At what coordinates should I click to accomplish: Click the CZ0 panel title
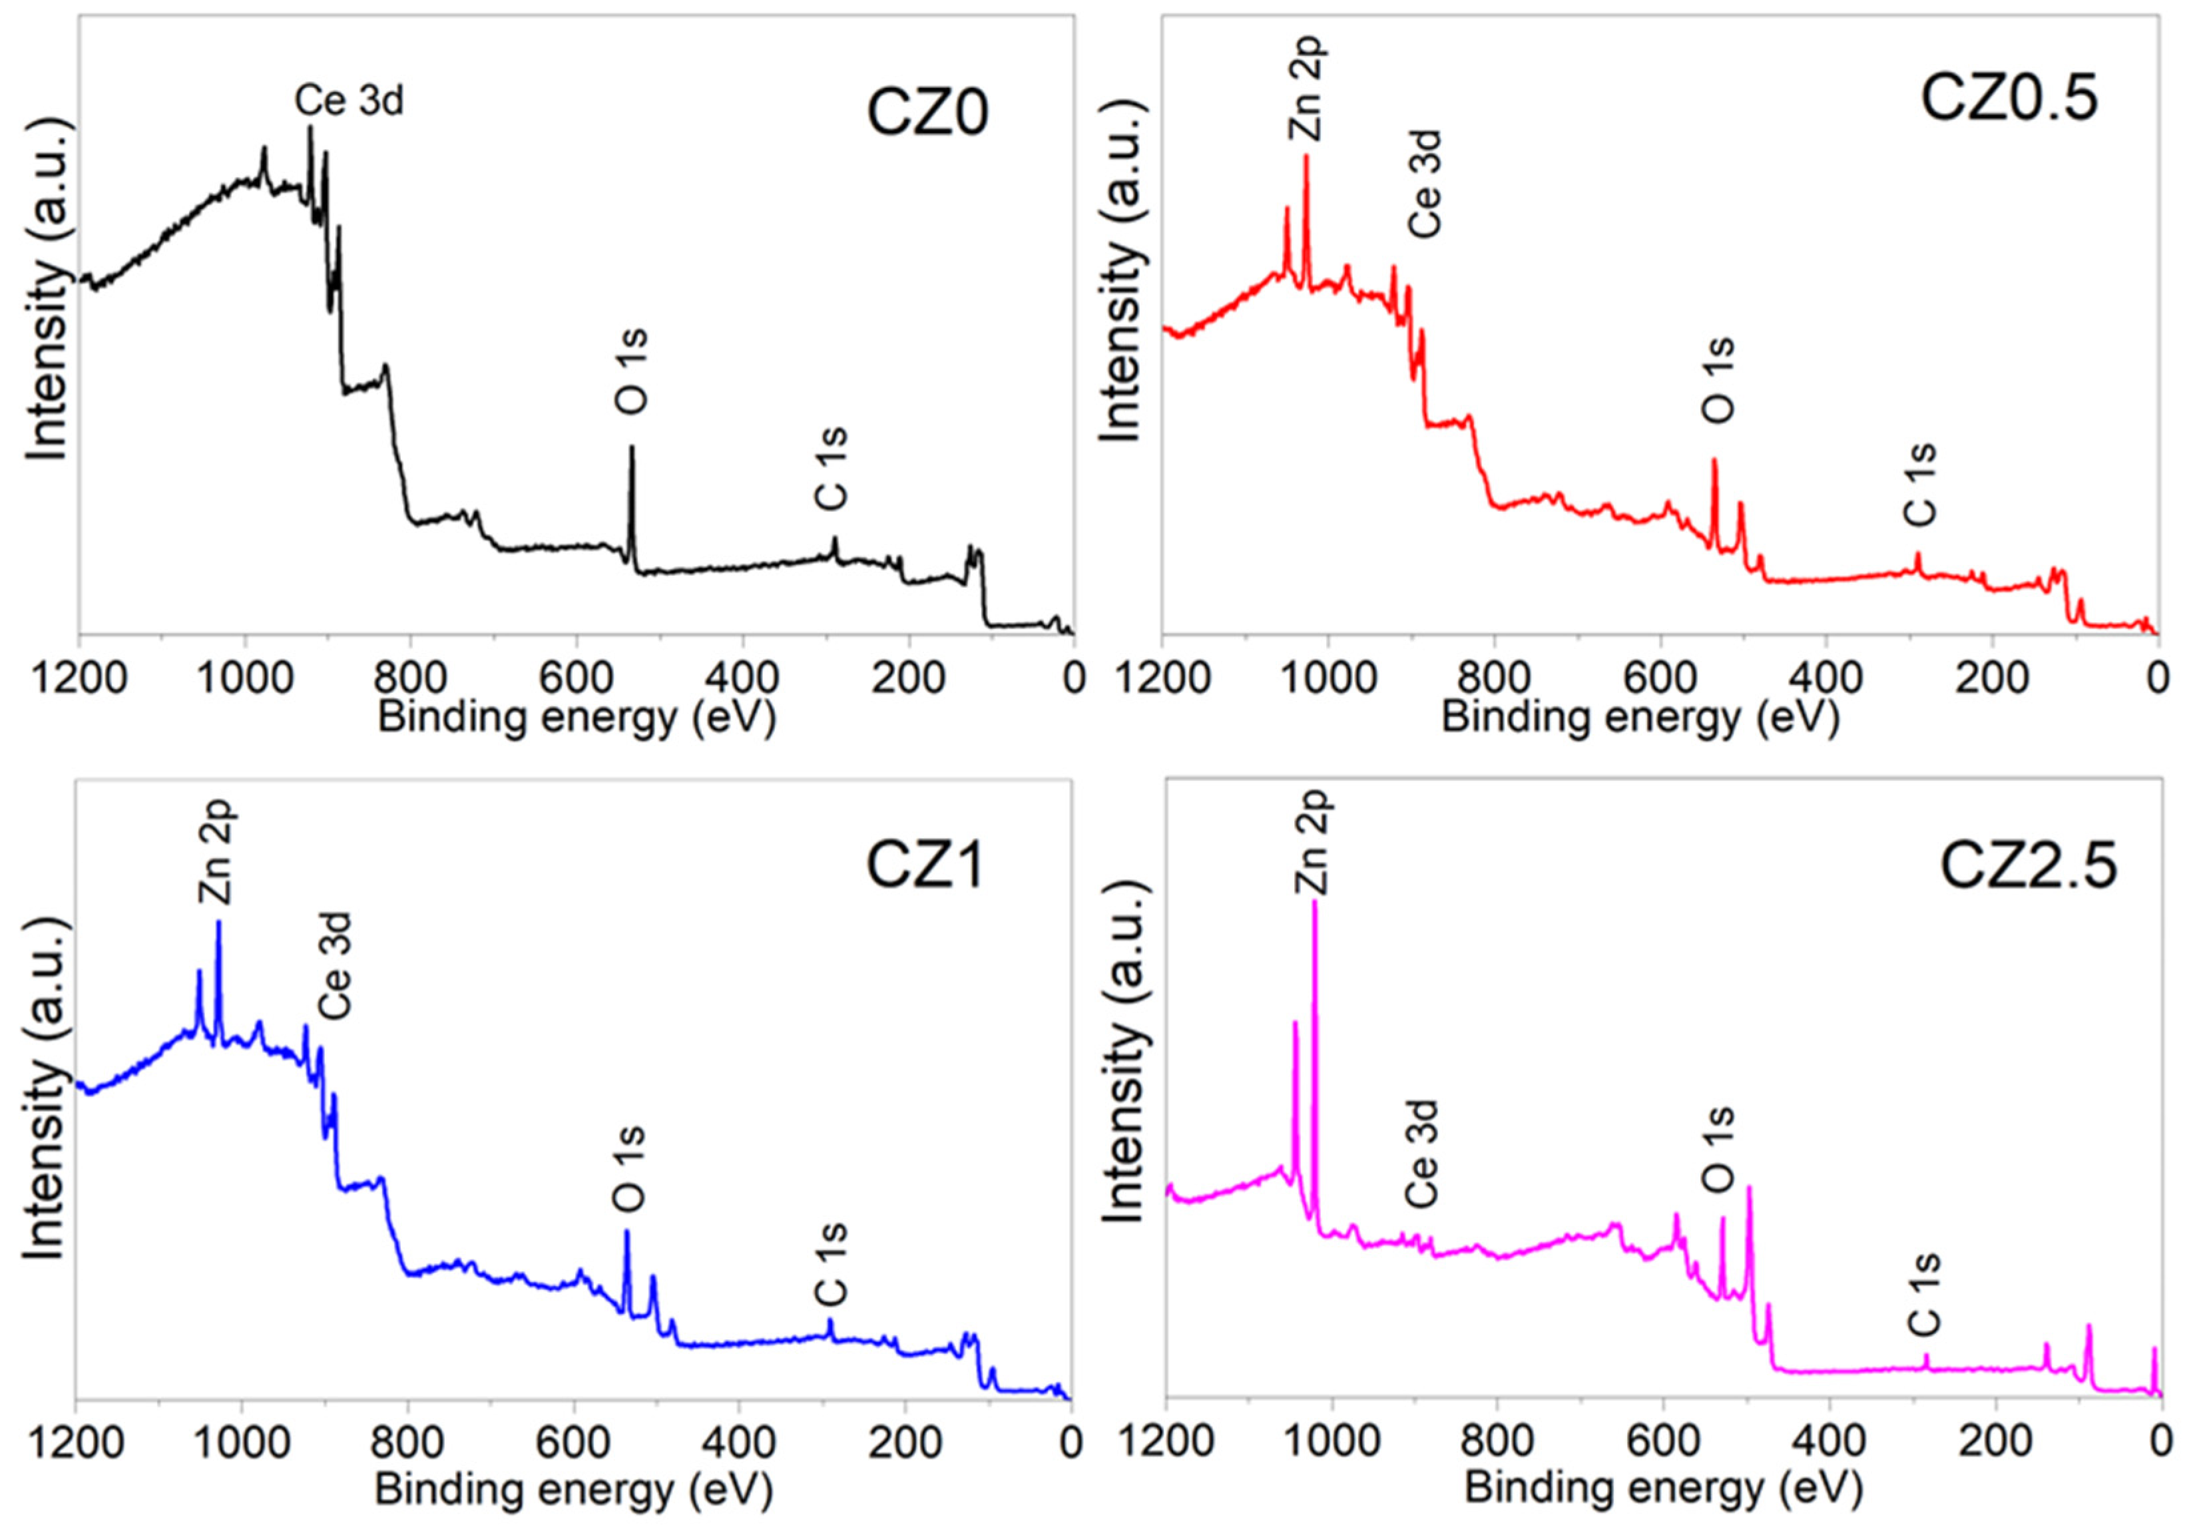click(x=927, y=112)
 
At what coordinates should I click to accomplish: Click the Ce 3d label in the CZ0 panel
click(x=350, y=100)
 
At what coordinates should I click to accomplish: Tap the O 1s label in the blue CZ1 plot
click(x=630, y=1169)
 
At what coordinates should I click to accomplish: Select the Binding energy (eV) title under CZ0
click(x=577, y=716)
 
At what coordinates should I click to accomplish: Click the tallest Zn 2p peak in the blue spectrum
click(x=218, y=923)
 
